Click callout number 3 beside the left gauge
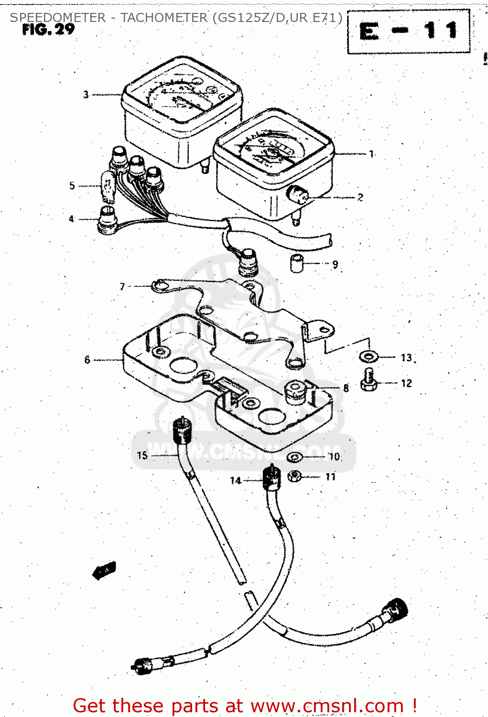click(x=86, y=95)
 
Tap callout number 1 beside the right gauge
click(x=371, y=154)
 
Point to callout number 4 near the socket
click(x=71, y=219)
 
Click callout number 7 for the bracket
click(x=122, y=286)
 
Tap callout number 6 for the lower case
click(x=87, y=359)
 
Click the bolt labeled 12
click(x=368, y=381)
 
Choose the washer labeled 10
click(x=294, y=458)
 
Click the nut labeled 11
click(x=295, y=476)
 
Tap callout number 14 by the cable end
click(x=236, y=480)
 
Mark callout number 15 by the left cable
click(x=142, y=455)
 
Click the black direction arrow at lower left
click(x=104, y=570)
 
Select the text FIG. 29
click(x=48, y=30)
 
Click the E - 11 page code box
click(x=409, y=32)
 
